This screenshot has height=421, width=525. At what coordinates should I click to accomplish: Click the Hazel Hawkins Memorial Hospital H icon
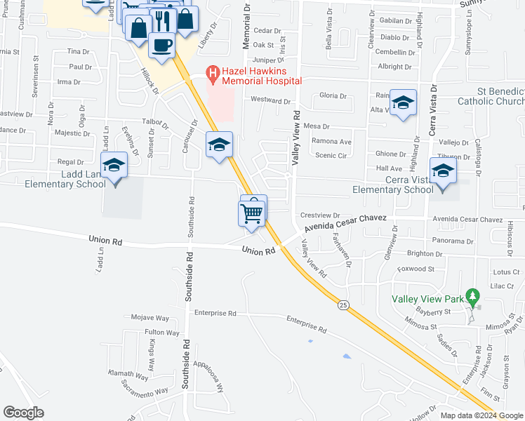click(x=211, y=72)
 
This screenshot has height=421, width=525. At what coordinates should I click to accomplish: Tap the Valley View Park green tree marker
click(x=474, y=295)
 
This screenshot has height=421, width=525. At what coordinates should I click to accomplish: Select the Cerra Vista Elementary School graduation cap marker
click(x=443, y=171)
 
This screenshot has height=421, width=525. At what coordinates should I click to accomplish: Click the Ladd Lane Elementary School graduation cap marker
click(x=114, y=167)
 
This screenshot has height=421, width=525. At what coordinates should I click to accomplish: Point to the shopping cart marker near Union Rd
click(x=252, y=212)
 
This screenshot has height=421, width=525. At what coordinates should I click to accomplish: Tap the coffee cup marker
click(x=161, y=46)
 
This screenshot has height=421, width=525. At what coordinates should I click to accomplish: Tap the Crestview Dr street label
click(x=319, y=215)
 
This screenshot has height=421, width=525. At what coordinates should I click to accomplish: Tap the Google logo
click(x=23, y=413)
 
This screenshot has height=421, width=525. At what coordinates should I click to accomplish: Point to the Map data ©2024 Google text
click(x=481, y=415)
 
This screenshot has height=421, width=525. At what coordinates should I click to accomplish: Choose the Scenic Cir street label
click(x=332, y=155)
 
